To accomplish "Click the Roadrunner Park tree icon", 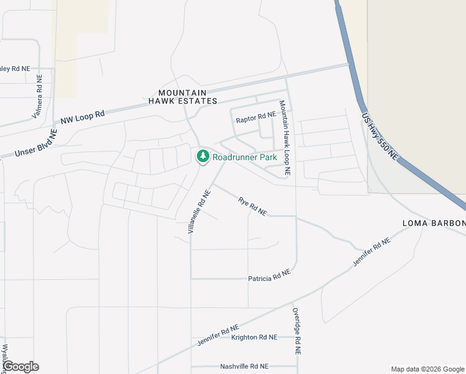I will [202, 156].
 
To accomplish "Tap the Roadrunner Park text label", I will [244, 157].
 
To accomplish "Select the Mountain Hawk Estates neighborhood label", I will [183, 97].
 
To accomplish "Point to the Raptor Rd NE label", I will [255, 116].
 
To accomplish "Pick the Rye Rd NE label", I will [252, 206].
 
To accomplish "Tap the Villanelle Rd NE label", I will [199, 212].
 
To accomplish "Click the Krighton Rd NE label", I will [254, 337].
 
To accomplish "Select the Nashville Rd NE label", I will [244, 367].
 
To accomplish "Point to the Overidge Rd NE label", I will [297, 330].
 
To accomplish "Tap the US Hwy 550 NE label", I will [379, 137].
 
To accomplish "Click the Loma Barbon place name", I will [434, 223].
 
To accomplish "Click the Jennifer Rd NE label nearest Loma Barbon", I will [371, 252].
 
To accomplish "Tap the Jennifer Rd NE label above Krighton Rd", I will [218, 335].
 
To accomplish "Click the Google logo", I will [20, 367].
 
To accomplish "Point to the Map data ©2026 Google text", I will [427, 369].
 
